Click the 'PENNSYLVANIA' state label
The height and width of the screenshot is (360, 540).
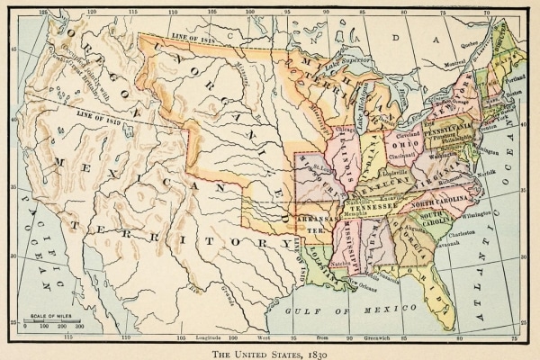point(452,130)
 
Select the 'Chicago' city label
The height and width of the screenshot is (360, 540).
point(343,129)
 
